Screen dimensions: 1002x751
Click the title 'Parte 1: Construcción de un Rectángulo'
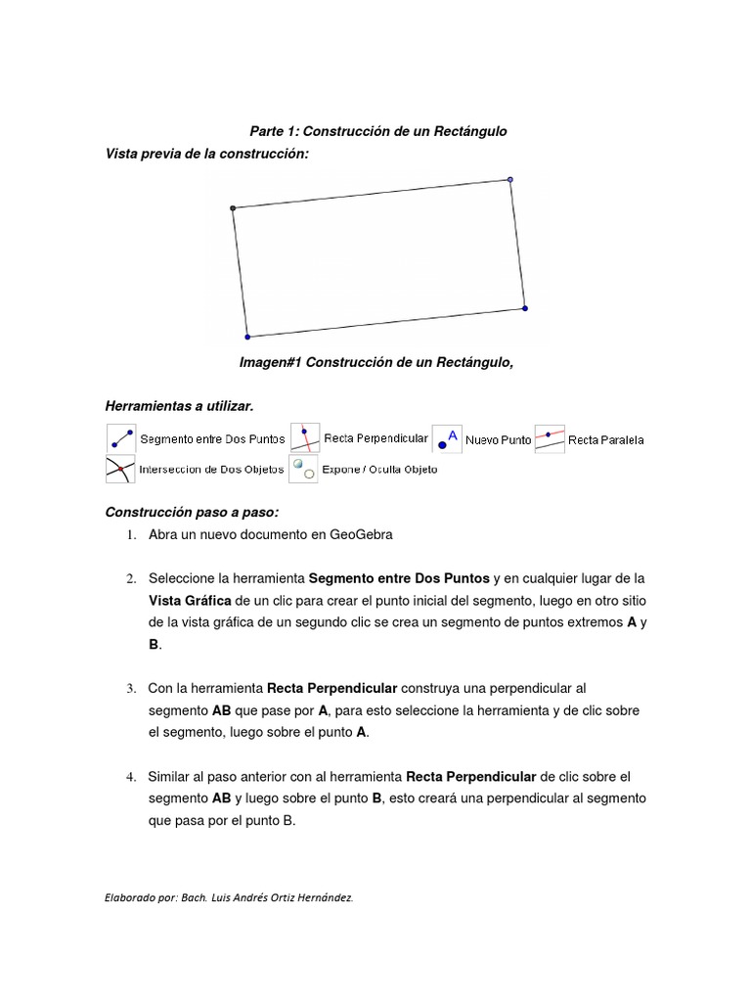(x=377, y=131)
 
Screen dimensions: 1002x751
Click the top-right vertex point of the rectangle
(x=509, y=179)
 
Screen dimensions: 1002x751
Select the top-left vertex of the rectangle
(x=233, y=207)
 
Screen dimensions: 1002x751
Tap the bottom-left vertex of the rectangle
(x=246, y=336)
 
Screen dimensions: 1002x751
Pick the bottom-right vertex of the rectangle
(x=525, y=308)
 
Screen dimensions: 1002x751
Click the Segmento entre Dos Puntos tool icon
(x=120, y=438)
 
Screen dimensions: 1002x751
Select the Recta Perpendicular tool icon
(x=305, y=438)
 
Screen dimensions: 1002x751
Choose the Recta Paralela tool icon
(x=550, y=438)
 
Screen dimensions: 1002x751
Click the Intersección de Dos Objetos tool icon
(x=120, y=469)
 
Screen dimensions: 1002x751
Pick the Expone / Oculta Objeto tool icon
(x=303, y=469)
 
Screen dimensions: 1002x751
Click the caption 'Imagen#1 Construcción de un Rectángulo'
(x=376, y=362)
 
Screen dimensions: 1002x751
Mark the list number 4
(x=129, y=777)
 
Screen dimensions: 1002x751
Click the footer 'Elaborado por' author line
(x=229, y=895)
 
